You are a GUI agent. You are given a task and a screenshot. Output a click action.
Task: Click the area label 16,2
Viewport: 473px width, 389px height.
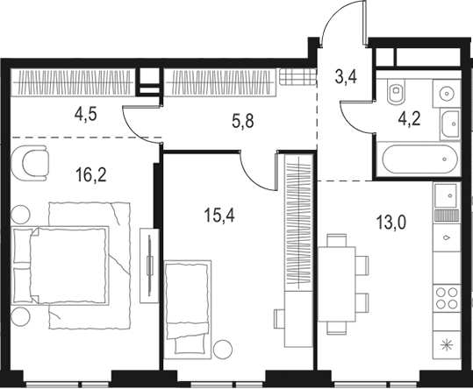click(91, 175)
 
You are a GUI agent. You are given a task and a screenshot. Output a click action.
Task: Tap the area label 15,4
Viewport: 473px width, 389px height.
click(219, 216)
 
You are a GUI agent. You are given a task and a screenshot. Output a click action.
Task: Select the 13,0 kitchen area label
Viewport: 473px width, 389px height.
click(391, 223)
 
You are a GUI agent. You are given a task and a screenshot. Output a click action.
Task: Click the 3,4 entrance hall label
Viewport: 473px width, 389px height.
click(346, 77)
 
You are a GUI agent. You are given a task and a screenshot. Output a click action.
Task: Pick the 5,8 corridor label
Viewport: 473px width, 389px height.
click(243, 122)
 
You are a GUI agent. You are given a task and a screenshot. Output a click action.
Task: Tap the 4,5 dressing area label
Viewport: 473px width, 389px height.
click(86, 115)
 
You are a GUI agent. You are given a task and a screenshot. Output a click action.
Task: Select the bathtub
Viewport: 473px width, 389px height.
click(420, 159)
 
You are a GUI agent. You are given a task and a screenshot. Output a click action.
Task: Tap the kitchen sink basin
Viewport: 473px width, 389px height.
click(446, 195)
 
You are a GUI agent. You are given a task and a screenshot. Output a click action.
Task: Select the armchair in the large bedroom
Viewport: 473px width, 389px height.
click(30, 163)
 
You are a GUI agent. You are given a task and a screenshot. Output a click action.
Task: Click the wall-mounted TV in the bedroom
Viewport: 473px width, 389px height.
click(149, 265)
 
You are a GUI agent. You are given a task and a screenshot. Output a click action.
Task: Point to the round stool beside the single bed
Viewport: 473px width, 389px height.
click(223, 350)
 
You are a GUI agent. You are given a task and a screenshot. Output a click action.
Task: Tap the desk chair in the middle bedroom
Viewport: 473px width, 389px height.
click(279, 319)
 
